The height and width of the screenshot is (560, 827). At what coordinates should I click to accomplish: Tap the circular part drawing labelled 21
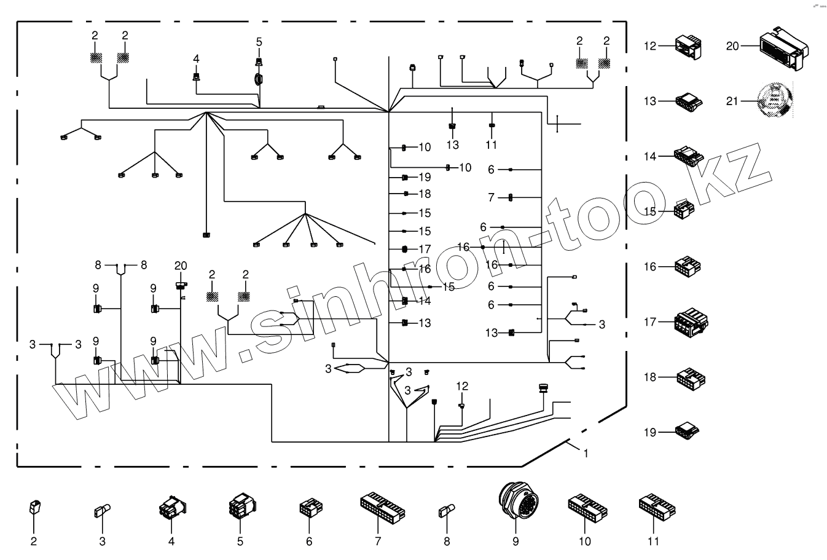point(772,100)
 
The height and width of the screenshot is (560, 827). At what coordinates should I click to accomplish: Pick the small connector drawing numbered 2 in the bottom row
point(34,508)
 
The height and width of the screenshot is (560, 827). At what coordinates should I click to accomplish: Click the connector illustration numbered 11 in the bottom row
point(656,505)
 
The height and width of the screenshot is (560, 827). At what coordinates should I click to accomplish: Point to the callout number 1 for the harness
point(586,454)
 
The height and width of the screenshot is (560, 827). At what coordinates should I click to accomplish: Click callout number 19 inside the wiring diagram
point(425,178)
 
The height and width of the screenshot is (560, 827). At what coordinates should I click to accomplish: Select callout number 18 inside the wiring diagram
point(425,194)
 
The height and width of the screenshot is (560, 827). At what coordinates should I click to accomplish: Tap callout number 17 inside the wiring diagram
point(425,250)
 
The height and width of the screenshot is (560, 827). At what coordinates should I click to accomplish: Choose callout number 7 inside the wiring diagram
point(491,197)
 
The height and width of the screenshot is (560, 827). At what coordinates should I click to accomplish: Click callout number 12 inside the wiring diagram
point(462,386)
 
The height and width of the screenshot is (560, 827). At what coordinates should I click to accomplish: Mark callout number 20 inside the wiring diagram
point(180,266)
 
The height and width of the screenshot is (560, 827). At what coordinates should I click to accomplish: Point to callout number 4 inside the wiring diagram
point(196,58)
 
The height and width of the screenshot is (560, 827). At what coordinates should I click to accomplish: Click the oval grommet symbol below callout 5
point(259,79)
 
